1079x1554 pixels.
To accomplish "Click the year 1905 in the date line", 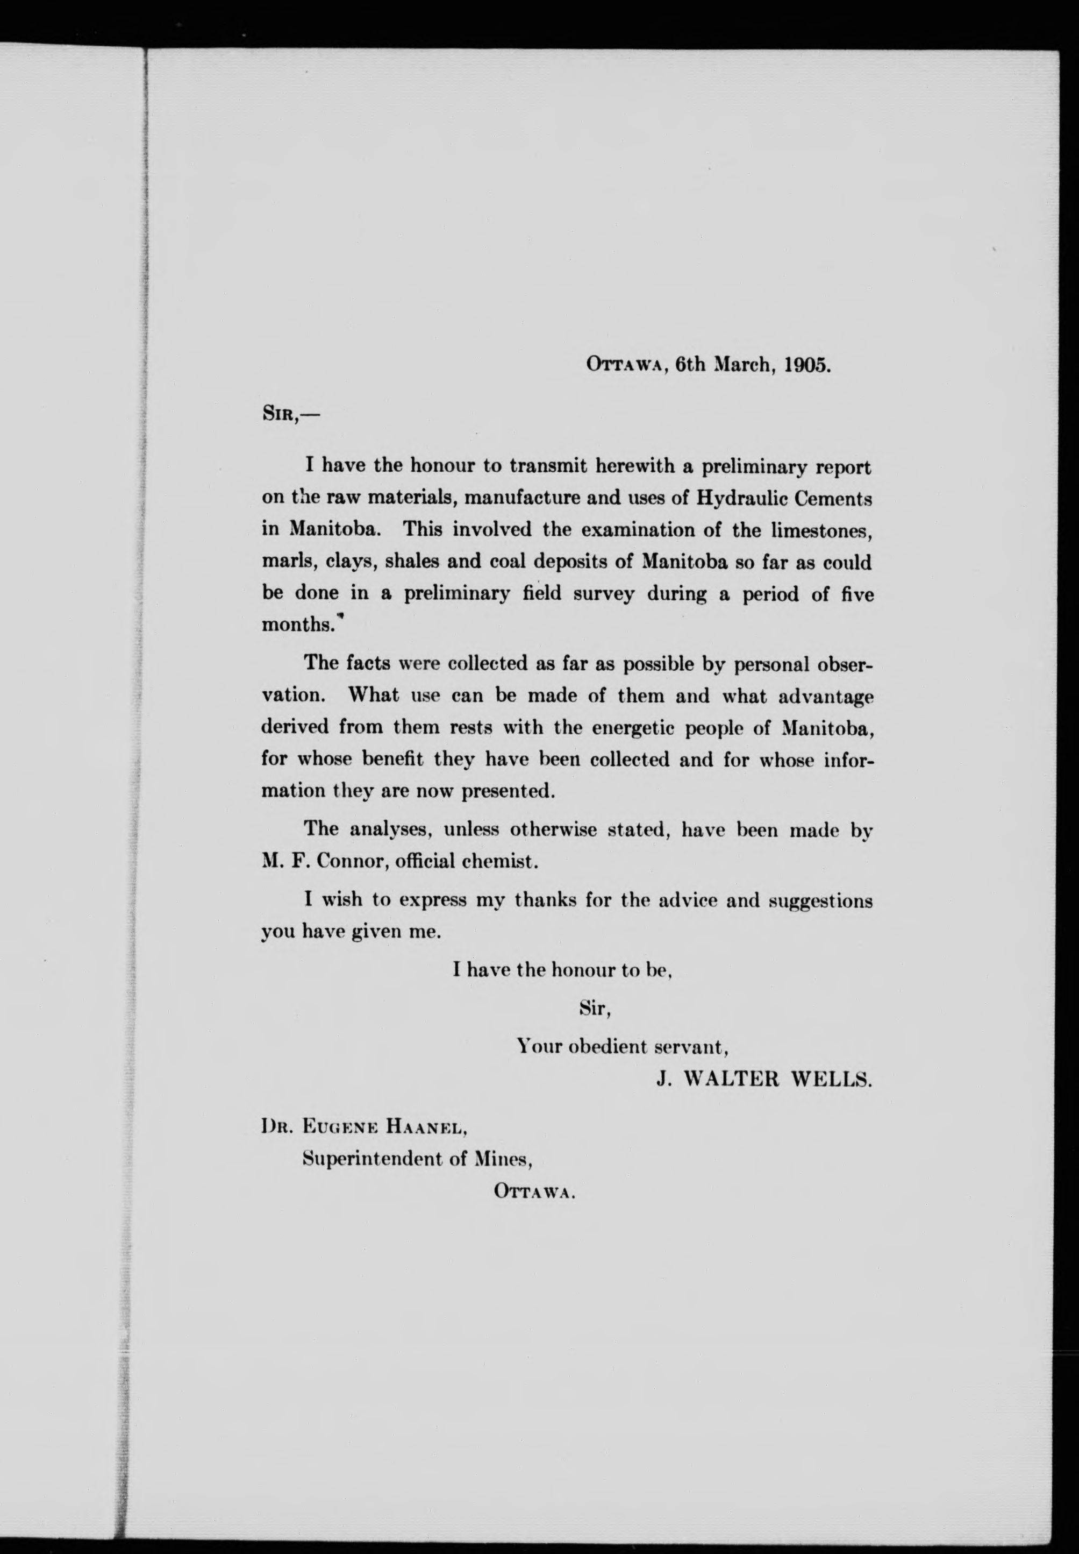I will [x=807, y=365].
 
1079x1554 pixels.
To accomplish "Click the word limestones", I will [x=822, y=530].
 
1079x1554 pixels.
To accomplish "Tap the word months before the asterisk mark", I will [x=297, y=625].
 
